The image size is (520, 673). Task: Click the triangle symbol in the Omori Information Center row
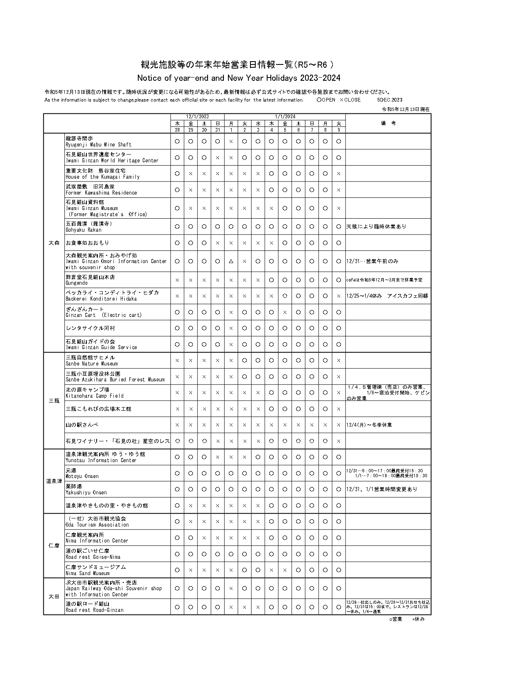[x=231, y=261]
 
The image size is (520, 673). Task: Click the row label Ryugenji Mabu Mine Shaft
[x=98, y=142]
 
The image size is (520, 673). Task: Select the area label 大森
[x=54, y=243]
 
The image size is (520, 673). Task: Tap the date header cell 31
[x=217, y=130]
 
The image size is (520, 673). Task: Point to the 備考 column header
[x=388, y=123]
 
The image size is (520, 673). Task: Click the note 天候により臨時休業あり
[x=376, y=226]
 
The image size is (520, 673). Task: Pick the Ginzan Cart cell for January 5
[x=285, y=312]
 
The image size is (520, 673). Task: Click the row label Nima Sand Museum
[x=96, y=570]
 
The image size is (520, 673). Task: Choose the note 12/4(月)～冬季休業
[x=369, y=425]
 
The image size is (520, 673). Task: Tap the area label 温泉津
[x=54, y=481]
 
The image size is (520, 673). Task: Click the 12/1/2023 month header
[x=197, y=117]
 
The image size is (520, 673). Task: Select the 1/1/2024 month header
[x=285, y=117]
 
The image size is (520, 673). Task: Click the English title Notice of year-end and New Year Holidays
[x=239, y=78]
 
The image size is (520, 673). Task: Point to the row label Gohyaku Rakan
[x=89, y=227]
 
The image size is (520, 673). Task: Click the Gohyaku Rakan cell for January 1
[x=231, y=226]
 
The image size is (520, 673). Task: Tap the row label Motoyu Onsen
[x=82, y=473]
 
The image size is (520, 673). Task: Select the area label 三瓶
[x=54, y=401]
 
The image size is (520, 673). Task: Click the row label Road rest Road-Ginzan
[x=95, y=607]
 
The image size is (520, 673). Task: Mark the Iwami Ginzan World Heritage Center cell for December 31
[x=217, y=157]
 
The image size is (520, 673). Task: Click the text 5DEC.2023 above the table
[x=389, y=100]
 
